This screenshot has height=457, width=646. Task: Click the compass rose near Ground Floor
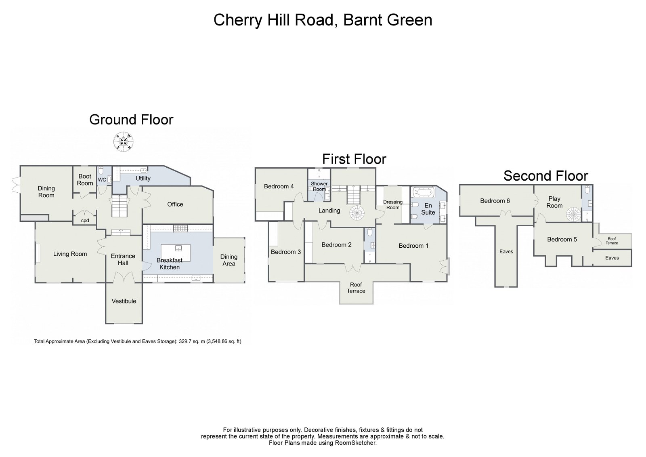(123, 141)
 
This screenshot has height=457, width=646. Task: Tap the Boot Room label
(85, 180)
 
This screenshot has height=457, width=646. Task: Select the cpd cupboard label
(85, 221)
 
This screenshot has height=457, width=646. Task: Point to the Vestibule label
(124, 301)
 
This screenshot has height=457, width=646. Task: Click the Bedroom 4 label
(279, 186)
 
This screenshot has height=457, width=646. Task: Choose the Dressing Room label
(392, 205)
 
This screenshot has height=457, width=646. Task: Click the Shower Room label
(319, 186)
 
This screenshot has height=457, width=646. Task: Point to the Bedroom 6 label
(495, 201)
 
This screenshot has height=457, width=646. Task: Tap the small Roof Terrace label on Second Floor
(612, 241)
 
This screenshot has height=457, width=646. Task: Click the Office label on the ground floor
(175, 204)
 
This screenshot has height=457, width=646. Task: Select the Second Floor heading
(545, 176)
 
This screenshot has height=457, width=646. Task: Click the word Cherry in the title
(236, 20)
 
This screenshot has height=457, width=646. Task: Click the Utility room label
(143, 178)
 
